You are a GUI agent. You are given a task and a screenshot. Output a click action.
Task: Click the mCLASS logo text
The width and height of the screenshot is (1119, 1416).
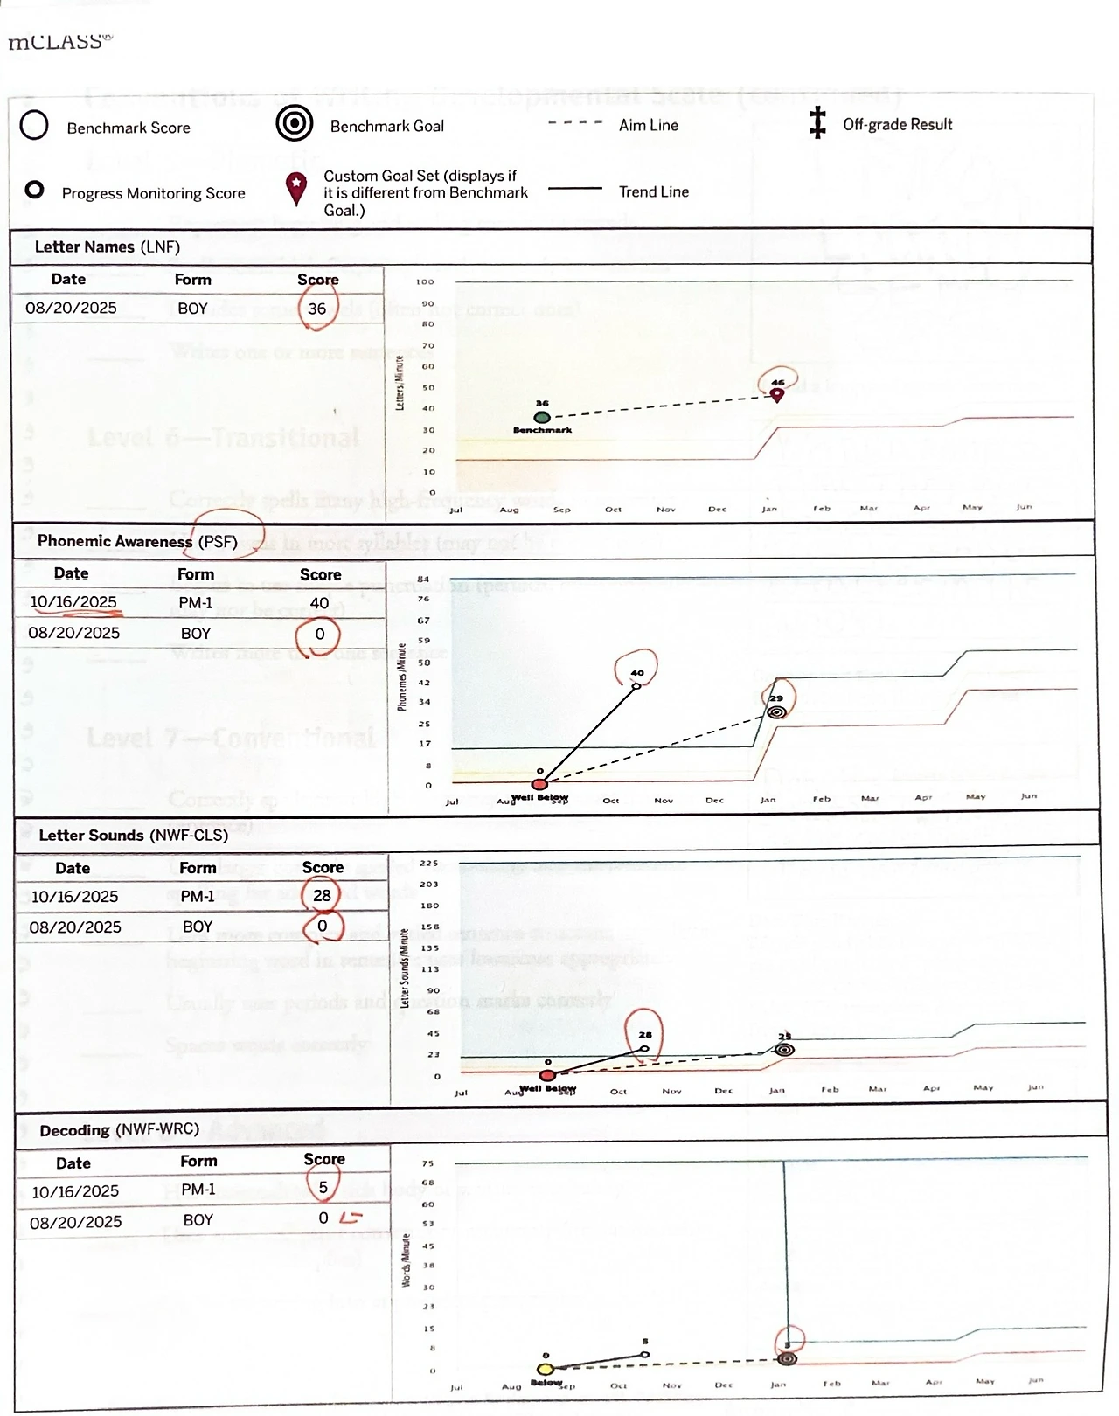tap(59, 42)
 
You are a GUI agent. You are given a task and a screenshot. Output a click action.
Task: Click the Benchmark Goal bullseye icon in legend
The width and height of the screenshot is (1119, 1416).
tap(295, 124)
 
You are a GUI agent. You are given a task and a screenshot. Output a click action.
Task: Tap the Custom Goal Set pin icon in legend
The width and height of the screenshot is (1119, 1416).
tap(297, 189)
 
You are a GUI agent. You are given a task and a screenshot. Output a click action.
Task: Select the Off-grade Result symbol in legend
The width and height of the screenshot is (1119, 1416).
tap(817, 123)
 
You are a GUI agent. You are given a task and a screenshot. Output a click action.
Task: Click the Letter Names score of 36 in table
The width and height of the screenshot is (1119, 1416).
tap(317, 309)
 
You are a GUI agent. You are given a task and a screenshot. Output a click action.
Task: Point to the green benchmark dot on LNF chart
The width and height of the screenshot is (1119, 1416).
tap(542, 417)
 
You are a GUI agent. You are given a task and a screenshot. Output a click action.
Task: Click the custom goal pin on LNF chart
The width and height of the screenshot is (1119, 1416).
tap(776, 394)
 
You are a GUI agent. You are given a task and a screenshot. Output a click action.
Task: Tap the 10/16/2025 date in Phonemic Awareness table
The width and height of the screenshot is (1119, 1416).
tap(73, 602)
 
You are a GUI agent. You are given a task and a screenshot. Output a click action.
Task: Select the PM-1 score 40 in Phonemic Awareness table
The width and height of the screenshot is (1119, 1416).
tap(320, 603)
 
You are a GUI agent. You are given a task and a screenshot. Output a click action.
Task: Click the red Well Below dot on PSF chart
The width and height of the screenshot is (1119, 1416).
tap(540, 784)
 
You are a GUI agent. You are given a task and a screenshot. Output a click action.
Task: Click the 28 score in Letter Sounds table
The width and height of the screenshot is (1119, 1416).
tap(322, 896)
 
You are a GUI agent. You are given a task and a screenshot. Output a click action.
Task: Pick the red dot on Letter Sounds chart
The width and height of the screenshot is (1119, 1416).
tap(547, 1075)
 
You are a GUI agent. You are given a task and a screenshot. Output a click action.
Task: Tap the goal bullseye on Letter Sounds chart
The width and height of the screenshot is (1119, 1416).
tap(784, 1049)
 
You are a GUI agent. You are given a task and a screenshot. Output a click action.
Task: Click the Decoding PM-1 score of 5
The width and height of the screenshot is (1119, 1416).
tap(323, 1188)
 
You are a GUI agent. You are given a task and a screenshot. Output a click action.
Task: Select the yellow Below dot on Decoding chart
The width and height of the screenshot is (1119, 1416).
tap(546, 1369)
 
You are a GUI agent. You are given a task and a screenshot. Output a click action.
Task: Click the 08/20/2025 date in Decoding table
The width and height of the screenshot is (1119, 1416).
tap(76, 1222)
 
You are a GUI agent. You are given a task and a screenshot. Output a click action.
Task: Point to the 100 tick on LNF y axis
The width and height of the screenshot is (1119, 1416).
tap(425, 282)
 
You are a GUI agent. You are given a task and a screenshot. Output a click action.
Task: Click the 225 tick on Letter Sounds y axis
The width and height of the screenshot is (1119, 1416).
tap(428, 864)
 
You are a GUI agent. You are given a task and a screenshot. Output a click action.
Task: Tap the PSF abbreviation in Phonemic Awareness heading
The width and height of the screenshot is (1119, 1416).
tap(218, 542)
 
